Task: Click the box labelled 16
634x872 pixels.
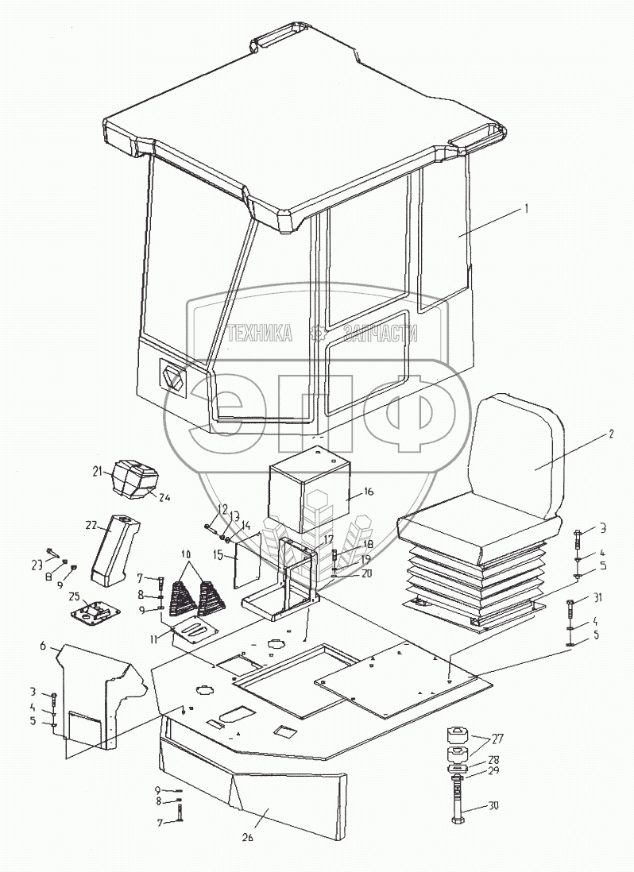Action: (310, 488)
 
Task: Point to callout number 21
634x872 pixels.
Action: (96, 473)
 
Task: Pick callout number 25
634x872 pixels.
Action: (74, 596)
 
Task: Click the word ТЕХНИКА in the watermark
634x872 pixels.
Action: (259, 334)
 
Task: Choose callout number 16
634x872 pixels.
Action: (369, 492)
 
